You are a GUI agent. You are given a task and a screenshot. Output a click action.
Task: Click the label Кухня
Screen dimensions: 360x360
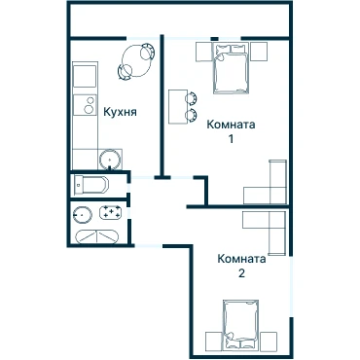tap(120, 112)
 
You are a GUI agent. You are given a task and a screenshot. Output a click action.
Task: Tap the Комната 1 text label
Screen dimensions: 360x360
tap(231, 131)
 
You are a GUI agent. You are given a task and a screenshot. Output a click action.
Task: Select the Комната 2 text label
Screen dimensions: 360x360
tap(241, 266)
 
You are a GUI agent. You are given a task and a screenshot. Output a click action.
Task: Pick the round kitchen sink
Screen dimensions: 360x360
tap(110, 159)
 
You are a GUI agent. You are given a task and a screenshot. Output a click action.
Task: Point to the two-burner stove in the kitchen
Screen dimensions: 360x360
tap(85, 105)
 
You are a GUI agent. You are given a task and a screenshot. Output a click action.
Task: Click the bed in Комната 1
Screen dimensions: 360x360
tap(231, 68)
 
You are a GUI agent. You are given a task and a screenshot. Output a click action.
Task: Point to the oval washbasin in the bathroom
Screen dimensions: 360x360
tap(83, 215)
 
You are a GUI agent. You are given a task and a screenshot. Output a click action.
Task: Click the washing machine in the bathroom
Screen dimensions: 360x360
tap(111, 213)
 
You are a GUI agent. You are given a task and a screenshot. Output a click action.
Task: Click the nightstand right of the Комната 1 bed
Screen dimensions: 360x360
tap(259, 52)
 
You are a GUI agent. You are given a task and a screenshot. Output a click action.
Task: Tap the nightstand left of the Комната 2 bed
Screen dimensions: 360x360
tap(214, 342)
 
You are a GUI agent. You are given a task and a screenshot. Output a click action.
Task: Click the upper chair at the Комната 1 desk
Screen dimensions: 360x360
tap(192, 98)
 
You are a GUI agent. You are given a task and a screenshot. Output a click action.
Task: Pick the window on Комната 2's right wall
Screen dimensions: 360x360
tap(292, 287)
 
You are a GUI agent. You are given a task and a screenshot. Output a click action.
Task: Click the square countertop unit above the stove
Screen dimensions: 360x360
tap(85, 76)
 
